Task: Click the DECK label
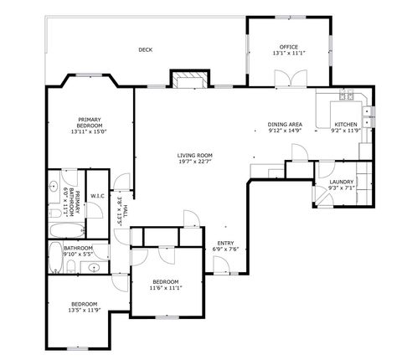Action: click(146, 49)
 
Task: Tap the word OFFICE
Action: click(288, 47)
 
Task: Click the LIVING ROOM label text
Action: click(194, 155)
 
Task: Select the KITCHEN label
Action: click(345, 124)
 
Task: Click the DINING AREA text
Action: click(285, 124)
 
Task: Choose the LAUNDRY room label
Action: click(342, 181)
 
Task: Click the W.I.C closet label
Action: click(96, 198)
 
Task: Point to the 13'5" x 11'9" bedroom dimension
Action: click(84, 310)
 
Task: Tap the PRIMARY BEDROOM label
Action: click(90, 123)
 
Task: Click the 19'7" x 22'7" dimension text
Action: click(194, 162)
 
